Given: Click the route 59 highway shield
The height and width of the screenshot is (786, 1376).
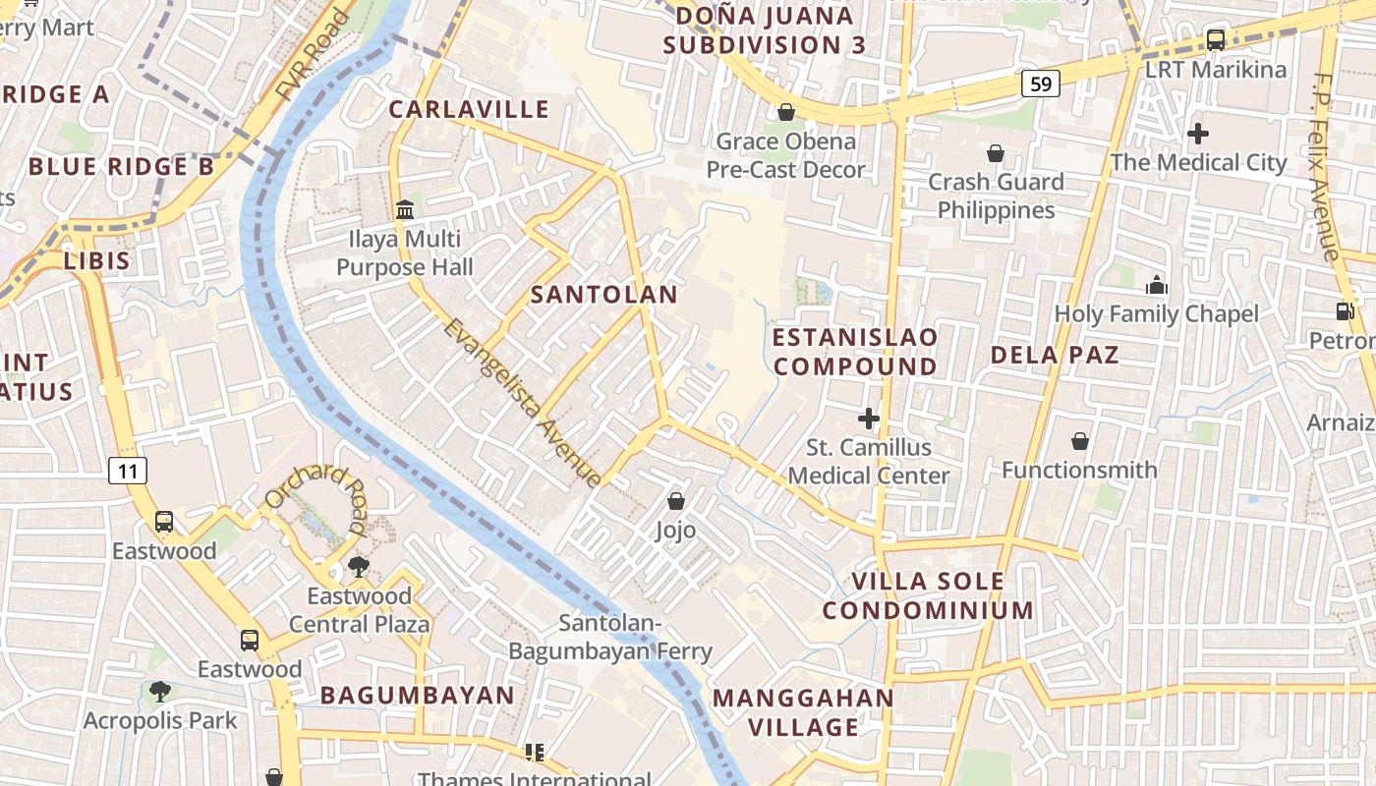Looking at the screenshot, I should (1040, 84).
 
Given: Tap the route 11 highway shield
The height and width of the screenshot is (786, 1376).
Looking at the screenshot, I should (128, 471).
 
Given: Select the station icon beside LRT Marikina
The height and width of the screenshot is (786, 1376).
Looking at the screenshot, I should (1216, 40).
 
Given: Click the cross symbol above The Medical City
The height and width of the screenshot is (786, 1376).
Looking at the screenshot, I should (1198, 134).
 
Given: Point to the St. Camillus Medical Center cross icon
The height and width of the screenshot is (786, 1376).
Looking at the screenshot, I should (869, 419).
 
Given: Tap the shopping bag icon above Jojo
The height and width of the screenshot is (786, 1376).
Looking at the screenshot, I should (676, 501).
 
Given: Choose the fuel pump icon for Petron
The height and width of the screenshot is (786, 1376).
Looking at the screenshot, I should (1345, 311).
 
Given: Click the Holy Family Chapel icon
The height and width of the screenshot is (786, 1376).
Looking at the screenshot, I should (1157, 285).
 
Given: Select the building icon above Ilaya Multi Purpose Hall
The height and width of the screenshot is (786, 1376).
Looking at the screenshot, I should (404, 209).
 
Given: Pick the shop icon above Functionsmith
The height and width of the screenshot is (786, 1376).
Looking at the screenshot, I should (1080, 441).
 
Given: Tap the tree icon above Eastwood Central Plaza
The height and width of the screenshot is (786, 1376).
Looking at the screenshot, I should (359, 566).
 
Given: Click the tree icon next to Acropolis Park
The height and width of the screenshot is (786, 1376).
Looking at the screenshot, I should (160, 692).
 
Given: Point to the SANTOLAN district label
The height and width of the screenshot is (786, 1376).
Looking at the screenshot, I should (604, 295).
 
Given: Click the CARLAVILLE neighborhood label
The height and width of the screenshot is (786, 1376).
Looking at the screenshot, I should (469, 109).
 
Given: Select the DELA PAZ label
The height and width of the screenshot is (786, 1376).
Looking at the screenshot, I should (1055, 355).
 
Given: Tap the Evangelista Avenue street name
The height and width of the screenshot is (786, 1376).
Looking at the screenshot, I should (522, 402).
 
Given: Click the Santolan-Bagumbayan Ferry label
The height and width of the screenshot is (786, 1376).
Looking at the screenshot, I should (609, 637).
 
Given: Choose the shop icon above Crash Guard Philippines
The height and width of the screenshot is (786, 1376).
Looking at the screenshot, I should (996, 153).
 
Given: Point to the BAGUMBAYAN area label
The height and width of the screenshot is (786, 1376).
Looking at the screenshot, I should (418, 696).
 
